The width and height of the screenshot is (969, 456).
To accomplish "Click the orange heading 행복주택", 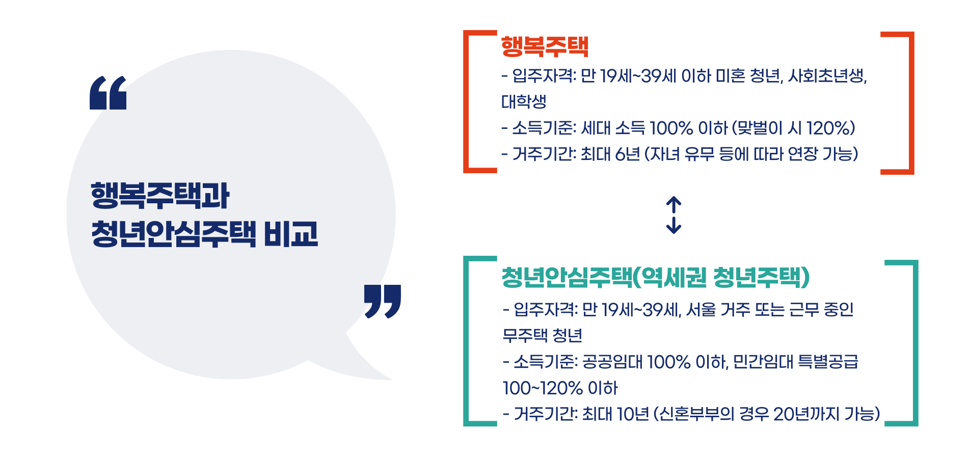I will (545, 47).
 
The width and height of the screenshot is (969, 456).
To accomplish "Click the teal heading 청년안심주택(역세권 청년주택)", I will (655, 277).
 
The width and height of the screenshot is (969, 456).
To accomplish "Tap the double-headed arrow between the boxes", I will (674, 215).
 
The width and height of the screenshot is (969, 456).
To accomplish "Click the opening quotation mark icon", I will (108, 93).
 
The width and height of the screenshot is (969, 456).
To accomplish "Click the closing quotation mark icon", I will (383, 301).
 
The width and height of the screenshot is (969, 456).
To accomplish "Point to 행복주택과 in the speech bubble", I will (160, 196).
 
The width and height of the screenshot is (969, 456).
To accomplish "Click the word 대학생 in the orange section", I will (524, 102).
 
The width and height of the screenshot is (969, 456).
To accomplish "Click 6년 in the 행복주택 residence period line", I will (627, 154).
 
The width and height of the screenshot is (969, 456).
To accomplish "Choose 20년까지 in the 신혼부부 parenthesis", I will (806, 414).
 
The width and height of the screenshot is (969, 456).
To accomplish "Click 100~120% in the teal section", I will (542, 388).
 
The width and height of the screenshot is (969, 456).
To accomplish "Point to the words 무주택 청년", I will (542, 336).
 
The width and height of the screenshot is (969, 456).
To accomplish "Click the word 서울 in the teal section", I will (701, 309).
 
